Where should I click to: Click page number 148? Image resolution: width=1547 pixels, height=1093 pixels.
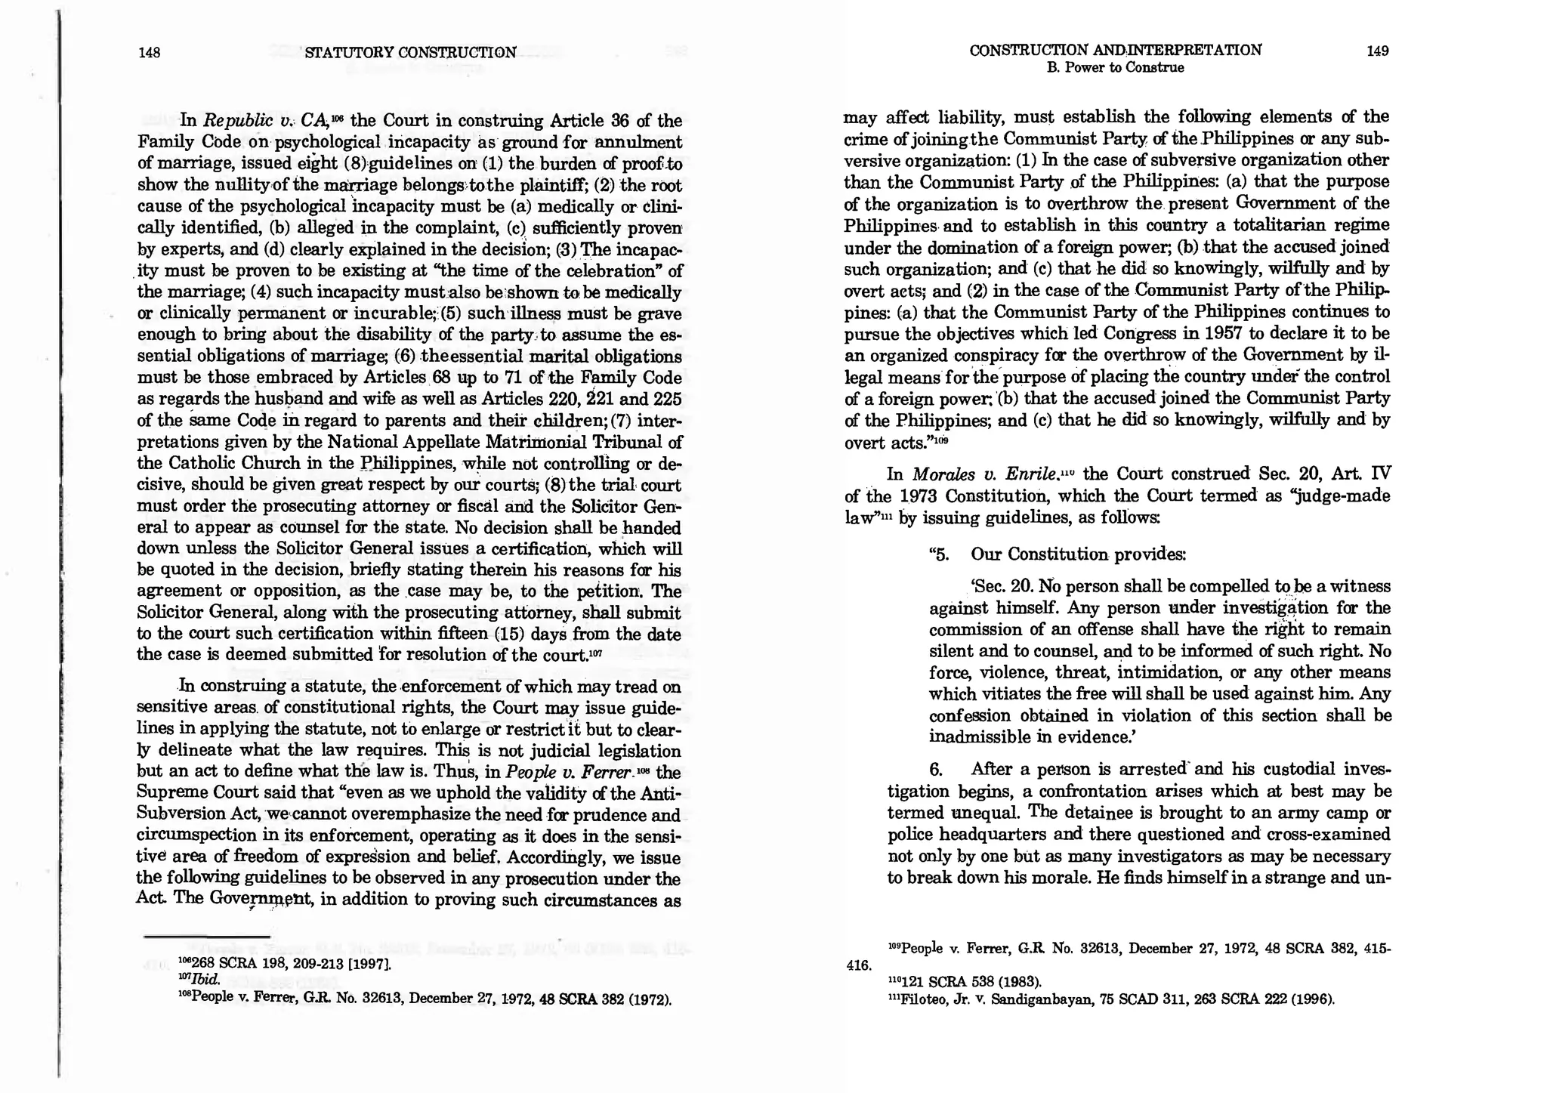pos(150,52)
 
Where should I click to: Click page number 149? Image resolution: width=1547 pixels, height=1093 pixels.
pos(1377,51)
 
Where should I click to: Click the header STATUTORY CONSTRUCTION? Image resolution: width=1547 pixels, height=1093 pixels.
pos(410,52)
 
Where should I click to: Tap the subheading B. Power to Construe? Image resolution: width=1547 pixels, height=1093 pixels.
pos(1115,68)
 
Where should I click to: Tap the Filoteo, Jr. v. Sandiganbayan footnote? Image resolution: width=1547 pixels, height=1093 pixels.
pos(1110,999)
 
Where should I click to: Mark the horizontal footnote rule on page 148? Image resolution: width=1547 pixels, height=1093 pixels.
pos(206,937)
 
